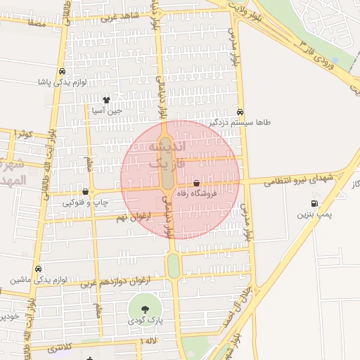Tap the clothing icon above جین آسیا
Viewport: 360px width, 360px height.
click(106, 101)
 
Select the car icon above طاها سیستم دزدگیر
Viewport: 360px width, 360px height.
click(241, 112)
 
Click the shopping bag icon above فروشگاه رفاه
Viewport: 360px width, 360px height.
click(206, 184)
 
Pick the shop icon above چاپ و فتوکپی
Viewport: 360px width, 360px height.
click(85, 192)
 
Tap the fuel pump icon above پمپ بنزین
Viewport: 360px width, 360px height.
click(314, 204)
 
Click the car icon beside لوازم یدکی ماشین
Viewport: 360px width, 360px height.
click(38, 269)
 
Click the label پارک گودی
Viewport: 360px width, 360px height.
click(146, 321)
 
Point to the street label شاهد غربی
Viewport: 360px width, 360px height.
click(119, 16)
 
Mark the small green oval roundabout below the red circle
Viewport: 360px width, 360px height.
click(173, 266)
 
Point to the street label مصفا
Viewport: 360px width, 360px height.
click(37, 24)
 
